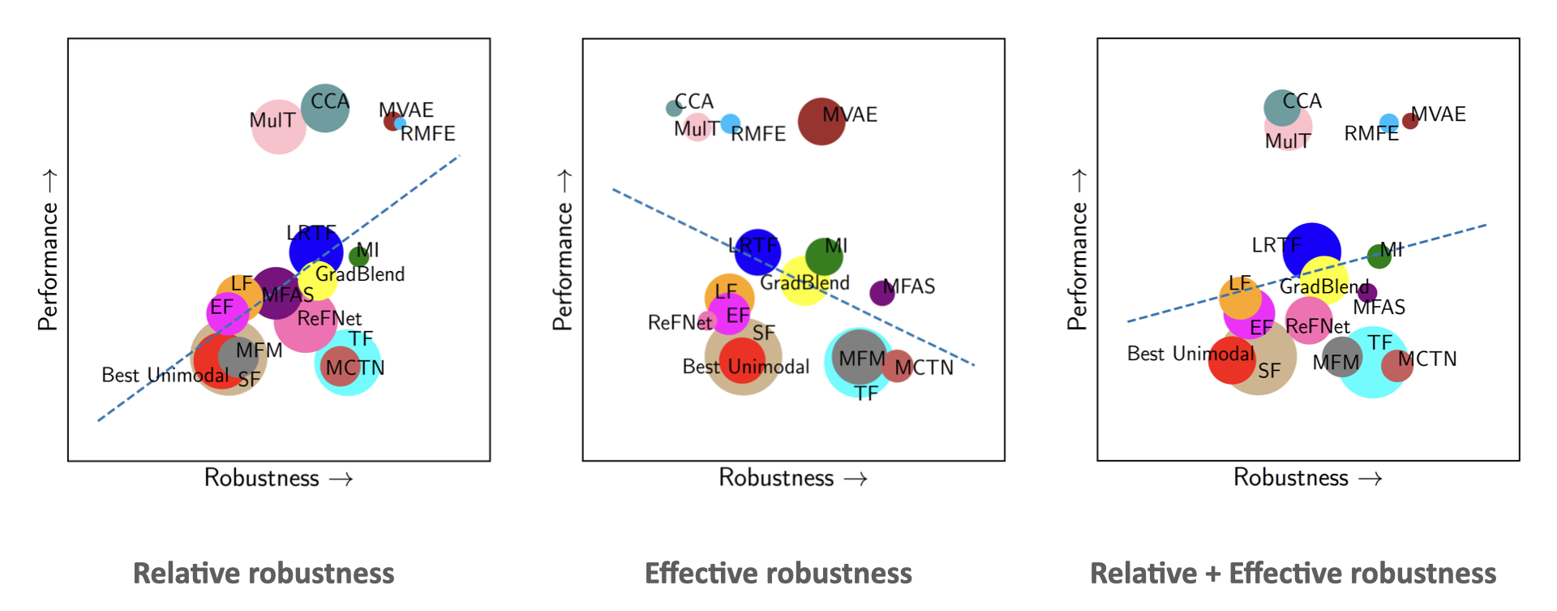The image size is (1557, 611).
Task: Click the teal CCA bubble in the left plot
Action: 324,108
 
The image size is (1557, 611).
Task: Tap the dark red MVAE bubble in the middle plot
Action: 821,122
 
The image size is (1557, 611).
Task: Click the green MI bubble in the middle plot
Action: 824,256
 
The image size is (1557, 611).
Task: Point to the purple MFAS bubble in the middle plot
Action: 881,293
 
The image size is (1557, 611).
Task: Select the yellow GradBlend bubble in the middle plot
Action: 803,282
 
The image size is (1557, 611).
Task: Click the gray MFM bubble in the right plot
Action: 1341,357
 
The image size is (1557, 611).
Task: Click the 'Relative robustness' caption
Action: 264,574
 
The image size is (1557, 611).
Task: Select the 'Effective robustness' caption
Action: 778,574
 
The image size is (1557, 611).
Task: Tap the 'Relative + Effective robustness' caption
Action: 1293,574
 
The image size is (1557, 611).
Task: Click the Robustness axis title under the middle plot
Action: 791,478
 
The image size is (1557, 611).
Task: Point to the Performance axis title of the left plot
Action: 49,252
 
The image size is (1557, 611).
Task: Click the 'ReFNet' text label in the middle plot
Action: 680,323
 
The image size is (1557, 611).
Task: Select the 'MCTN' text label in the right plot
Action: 1427,359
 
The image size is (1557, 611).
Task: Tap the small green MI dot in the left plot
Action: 358,256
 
